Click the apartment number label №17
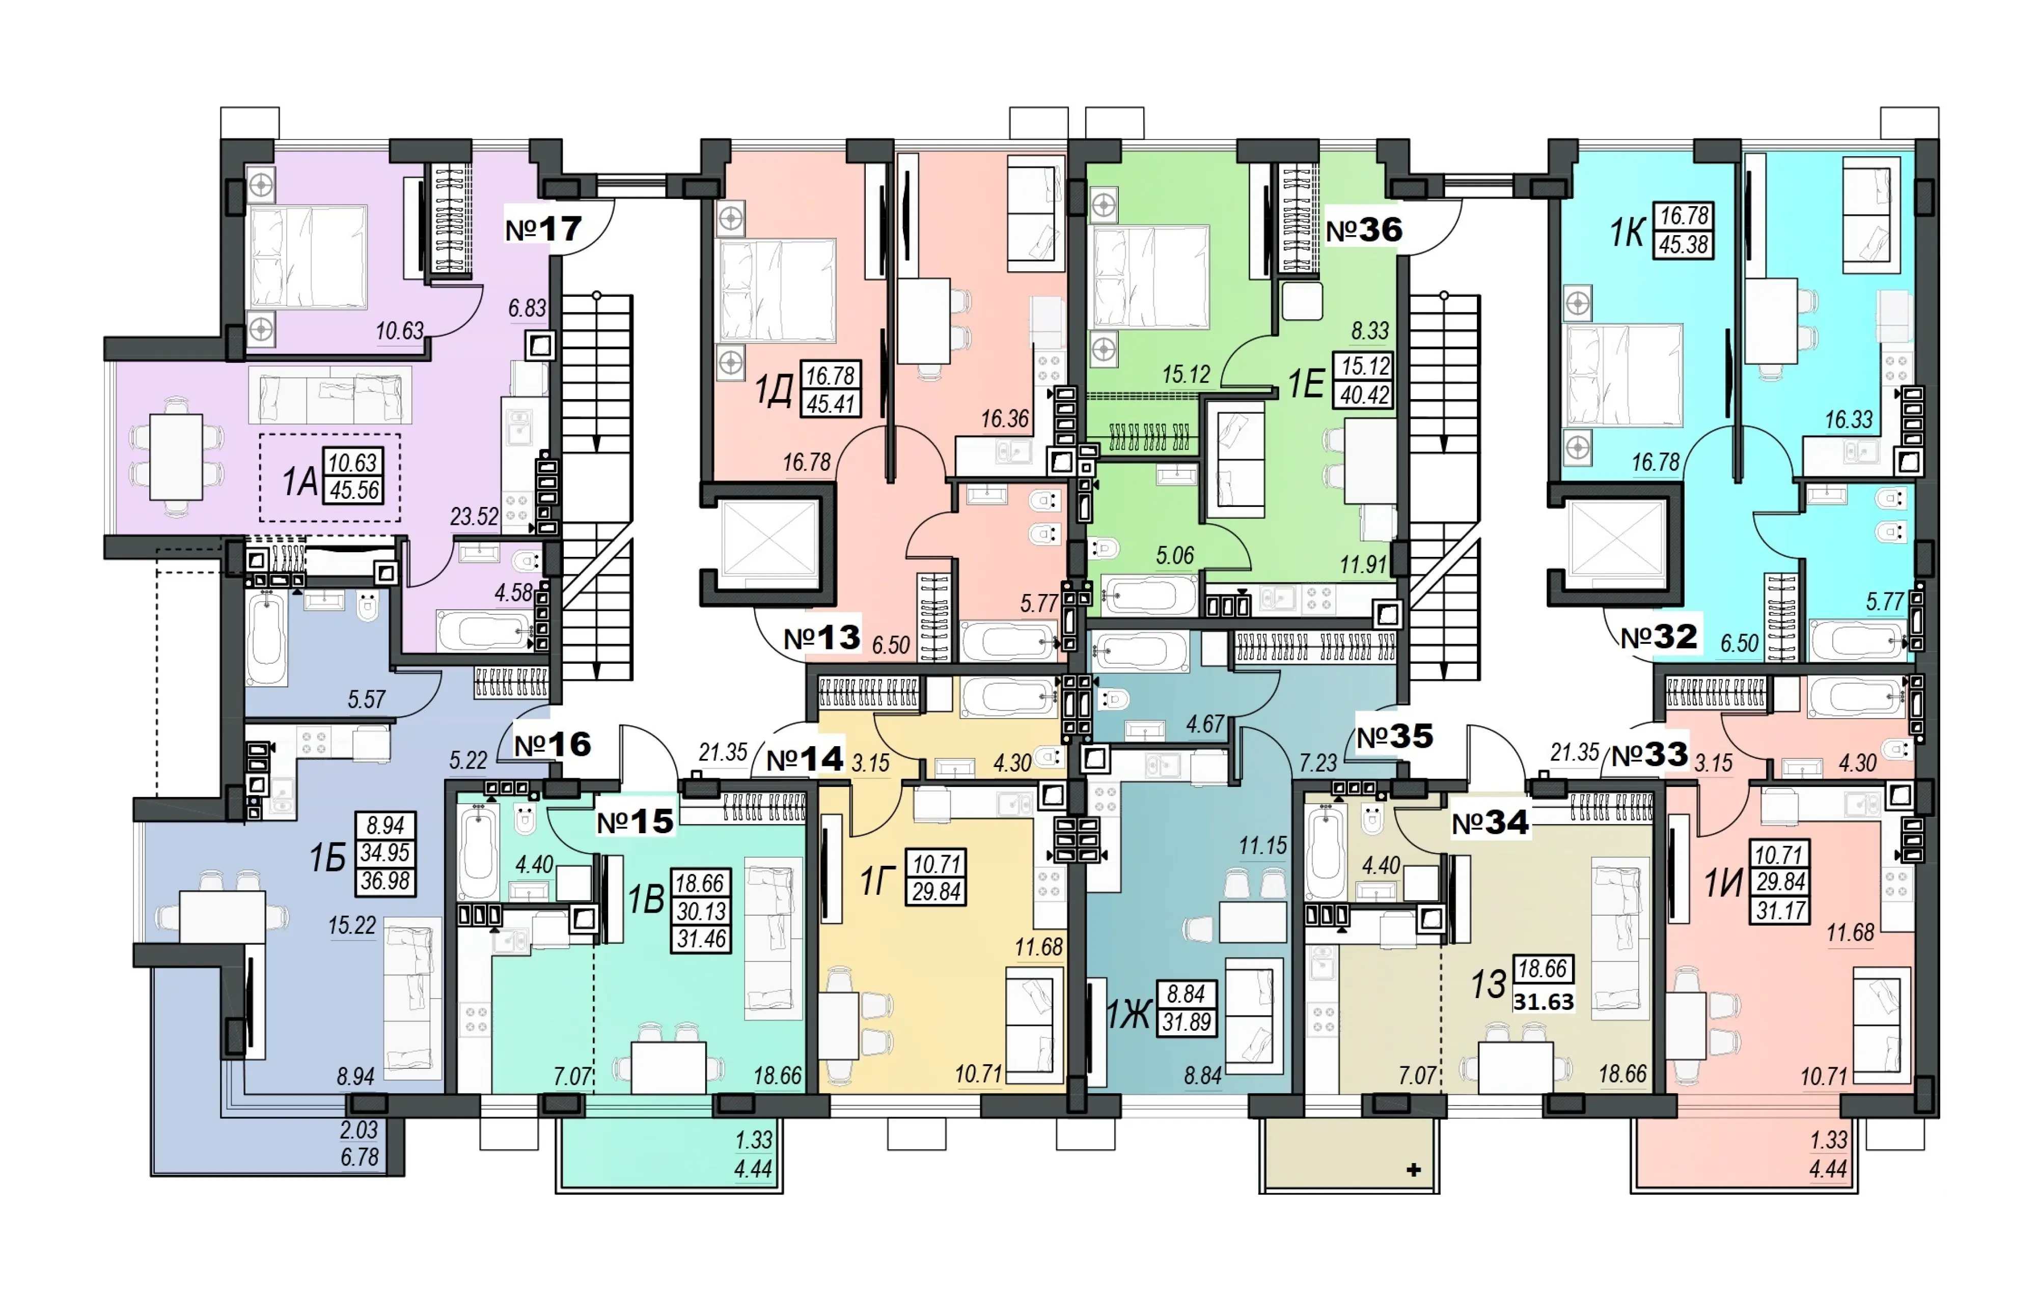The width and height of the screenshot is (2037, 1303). [543, 229]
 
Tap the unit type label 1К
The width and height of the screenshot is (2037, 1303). [1627, 232]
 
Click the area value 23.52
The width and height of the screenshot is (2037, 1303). [474, 516]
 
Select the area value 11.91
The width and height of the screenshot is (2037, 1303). [1363, 564]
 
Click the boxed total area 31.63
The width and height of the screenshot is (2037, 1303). [1544, 1002]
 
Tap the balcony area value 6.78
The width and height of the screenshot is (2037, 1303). [360, 1156]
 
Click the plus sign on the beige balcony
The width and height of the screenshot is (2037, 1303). [1413, 1170]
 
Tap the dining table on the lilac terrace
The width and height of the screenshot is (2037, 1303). [176, 457]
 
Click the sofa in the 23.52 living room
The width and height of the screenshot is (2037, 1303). [330, 395]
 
